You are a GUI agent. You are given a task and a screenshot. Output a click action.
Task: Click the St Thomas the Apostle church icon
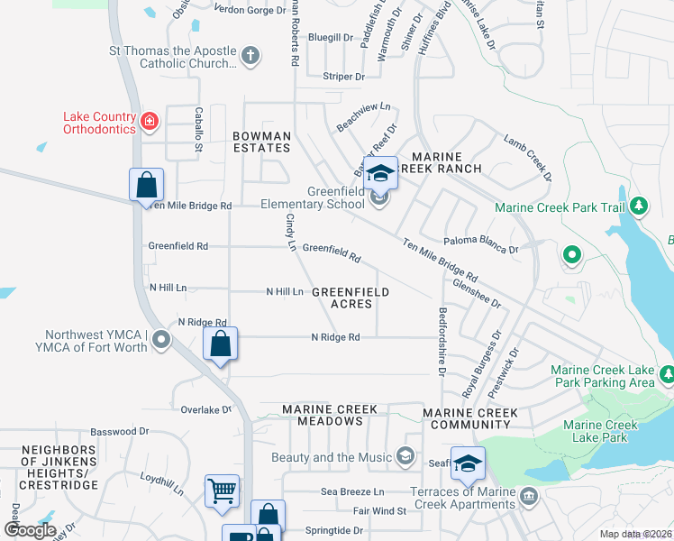click(250, 57)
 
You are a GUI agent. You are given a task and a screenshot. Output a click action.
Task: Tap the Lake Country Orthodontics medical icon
click(150, 121)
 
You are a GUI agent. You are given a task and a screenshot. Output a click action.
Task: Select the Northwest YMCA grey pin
click(161, 340)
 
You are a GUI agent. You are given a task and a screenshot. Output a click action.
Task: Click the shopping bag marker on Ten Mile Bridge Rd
click(146, 186)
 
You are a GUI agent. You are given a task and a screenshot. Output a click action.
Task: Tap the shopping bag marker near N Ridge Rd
click(221, 344)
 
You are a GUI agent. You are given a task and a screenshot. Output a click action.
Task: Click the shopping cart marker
click(222, 491)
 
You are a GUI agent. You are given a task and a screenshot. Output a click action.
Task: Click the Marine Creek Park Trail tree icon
click(640, 206)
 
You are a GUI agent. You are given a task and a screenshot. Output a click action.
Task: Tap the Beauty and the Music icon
click(406, 457)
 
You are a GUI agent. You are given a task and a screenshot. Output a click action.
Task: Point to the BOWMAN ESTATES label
click(262, 142)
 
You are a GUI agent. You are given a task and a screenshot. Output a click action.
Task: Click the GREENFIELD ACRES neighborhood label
click(351, 298)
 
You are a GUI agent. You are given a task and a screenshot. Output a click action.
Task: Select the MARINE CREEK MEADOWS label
click(330, 416)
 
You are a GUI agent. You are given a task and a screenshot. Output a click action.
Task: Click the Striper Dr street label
click(343, 77)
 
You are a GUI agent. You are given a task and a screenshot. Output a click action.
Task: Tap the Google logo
click(30, 530)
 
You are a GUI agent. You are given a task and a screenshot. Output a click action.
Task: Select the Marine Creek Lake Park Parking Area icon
click(667, 373)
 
